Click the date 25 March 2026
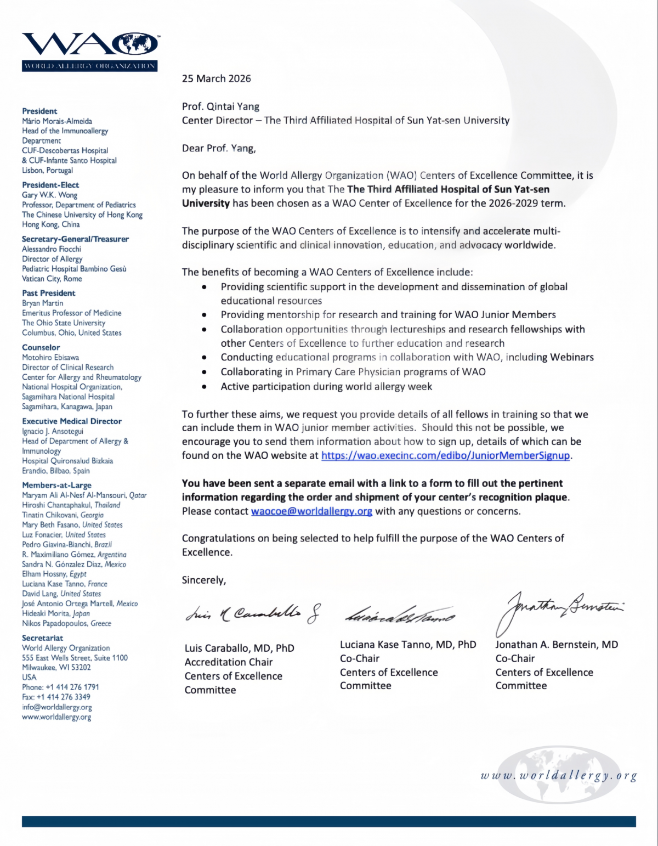click(x=216, y=78)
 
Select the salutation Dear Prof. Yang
click(x=219, y=148)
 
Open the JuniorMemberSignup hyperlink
click(x=445, y=455)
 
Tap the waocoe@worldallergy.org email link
click(x=311, y=511)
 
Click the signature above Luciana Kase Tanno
click(x=399, y=616)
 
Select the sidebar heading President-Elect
click(x=50, y=185)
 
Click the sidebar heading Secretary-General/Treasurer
click(x=75, y=239)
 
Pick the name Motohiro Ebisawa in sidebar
click(x=50, y=357)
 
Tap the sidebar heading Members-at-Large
click(x=56, y=485)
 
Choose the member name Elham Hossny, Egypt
click(x=54, y=574)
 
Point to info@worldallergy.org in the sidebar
click(x=57, y=707)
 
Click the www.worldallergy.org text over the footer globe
click(x=558, y=776)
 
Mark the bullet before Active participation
click(x=205, y=387)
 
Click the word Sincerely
click(x=203, y=580)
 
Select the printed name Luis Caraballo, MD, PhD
click(x=239, y=648)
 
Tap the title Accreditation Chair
click(x=229, y=662)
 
